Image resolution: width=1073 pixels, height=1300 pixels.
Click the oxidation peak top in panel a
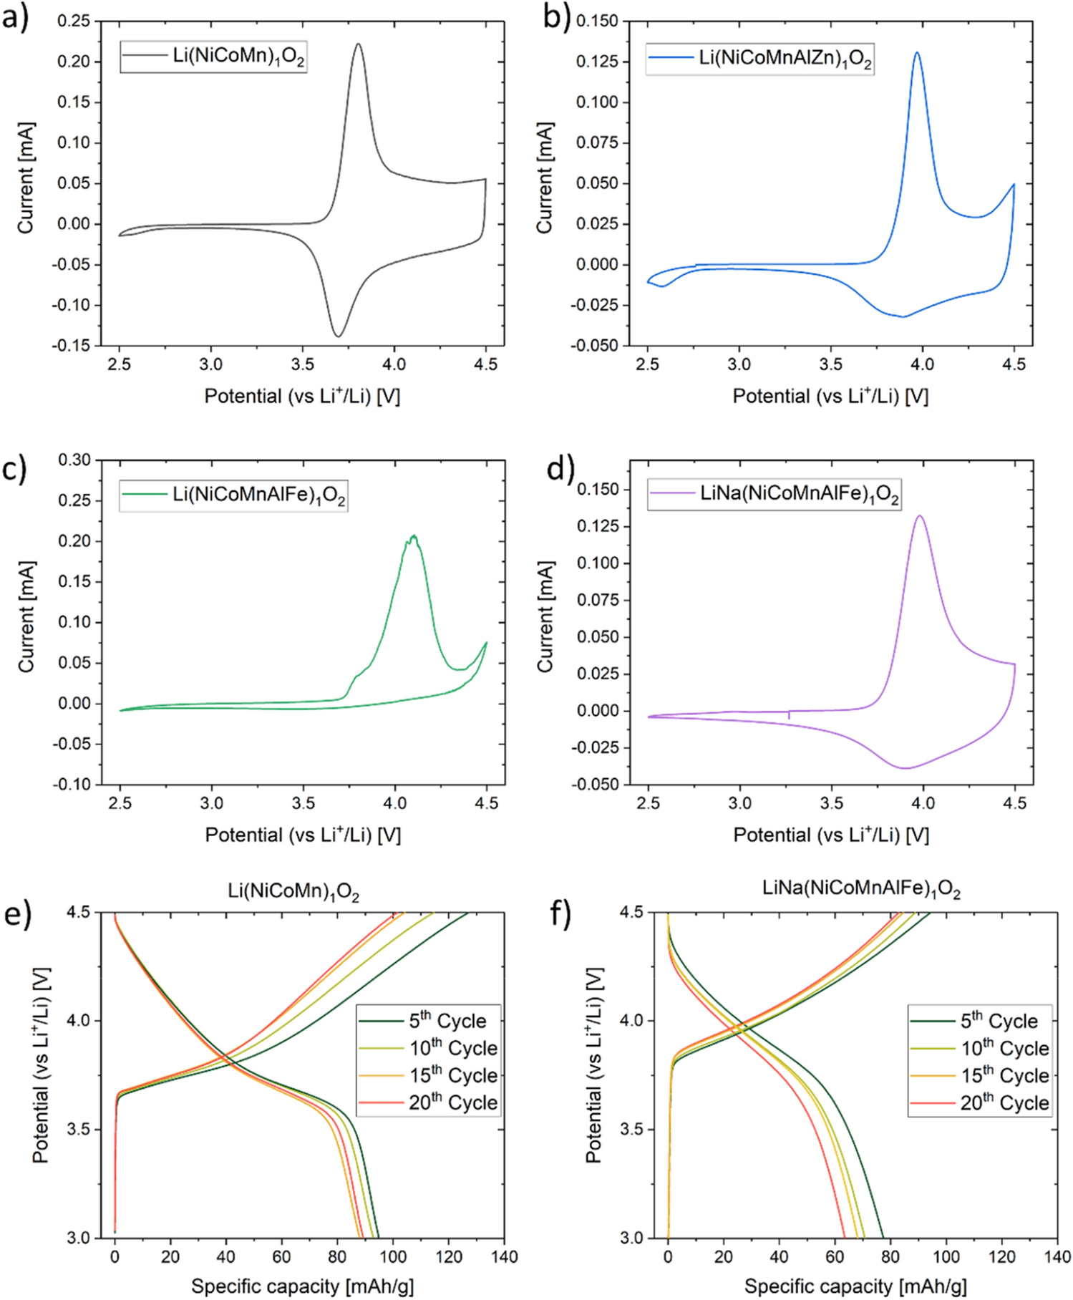pos(358,44)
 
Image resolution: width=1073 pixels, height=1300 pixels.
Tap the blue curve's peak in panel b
pos(916,52)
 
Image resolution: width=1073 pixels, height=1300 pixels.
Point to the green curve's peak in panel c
pos(413,535)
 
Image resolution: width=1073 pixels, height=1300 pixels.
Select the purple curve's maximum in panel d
pos(920,515)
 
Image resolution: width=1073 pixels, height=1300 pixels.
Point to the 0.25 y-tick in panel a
pos(74,21)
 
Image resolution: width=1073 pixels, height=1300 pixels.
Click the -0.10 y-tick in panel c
pos(72,785)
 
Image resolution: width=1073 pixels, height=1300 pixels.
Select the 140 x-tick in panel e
pos(505,1256)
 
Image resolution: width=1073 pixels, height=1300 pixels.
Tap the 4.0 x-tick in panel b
pos(922,364)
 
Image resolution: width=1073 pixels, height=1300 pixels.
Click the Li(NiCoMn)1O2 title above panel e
pos(293,892)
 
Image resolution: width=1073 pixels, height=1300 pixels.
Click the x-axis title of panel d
pos(830,835)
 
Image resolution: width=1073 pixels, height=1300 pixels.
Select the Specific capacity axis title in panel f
pos(855,1286)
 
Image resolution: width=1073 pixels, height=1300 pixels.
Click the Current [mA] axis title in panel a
pos(26,178)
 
